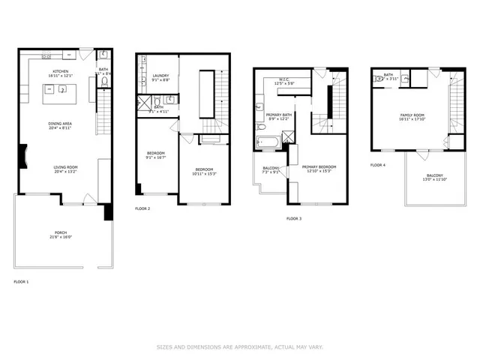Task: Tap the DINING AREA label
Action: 60,123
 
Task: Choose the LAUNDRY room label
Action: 160,75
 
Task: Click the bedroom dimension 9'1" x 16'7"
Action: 156,158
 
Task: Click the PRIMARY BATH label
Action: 278,114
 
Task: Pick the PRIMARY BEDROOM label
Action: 319,168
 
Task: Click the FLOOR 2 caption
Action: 142,208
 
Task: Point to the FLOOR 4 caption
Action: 378,164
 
